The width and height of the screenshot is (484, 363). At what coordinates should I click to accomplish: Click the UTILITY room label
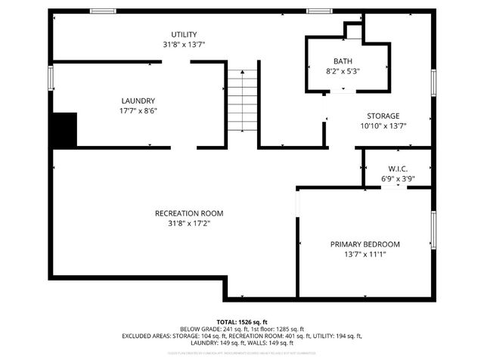(184, 35)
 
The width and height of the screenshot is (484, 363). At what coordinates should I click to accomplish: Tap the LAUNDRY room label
(138, 101)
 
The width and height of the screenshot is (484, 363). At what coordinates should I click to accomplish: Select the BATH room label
(342, 61)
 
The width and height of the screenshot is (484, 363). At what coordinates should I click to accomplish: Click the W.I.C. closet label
(398, 169)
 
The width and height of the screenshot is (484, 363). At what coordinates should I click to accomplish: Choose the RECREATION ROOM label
(189, 213)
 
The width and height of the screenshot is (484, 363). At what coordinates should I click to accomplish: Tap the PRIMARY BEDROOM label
(365, 244)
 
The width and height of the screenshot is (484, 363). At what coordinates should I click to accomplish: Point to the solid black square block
(64, 129)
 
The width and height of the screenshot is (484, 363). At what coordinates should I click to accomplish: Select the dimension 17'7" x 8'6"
(138, 110)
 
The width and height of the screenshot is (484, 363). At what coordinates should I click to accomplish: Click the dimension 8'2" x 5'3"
(342, 71)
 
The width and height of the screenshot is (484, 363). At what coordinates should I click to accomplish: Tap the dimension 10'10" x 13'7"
(383, 126)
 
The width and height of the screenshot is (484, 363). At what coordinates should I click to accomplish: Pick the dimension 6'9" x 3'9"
(398, 178)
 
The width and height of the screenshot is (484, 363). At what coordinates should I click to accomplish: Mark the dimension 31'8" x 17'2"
(189, 223)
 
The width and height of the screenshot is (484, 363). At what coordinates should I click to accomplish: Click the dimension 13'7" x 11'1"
(365, 254)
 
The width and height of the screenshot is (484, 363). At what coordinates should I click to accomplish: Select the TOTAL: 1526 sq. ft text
(242, 322)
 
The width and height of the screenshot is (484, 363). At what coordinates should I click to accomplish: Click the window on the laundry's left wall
(51, 79)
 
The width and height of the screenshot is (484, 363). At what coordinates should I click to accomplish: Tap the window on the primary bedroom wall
(433, 231)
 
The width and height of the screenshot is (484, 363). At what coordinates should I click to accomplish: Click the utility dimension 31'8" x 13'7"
(184, 45)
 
